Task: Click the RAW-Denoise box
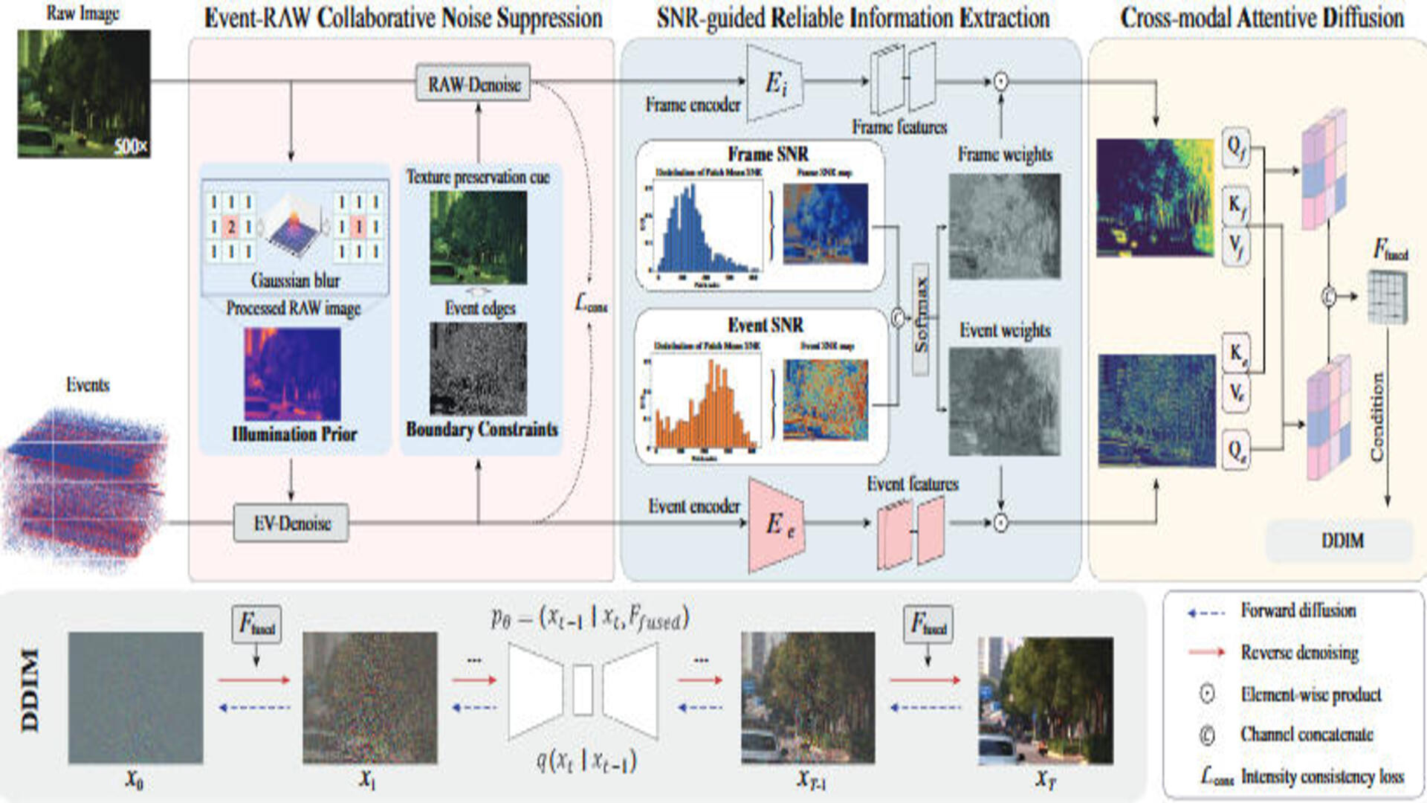(x=473, y=83)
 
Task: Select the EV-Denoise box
(x=291, y=523)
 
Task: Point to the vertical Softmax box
(x=921, y=319)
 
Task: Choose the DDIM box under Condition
(x=1342, y=541)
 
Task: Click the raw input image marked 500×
(x=83, y=94)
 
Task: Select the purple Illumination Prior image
(x=292, y=374)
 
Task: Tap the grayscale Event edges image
(x=478, y=368)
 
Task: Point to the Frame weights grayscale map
(x=1004, y=226)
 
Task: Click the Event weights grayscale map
(x=1004, y=401)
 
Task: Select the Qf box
(x=1235, y=146)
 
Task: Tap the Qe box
(x=1235, y=450)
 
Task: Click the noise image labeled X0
(x=135, y=697)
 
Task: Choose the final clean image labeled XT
(x=1045, y=700)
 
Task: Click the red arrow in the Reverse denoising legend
(x=1206, y=652)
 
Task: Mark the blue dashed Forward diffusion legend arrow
(x=1206, y=613)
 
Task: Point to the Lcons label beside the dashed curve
(x=591, y=303)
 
